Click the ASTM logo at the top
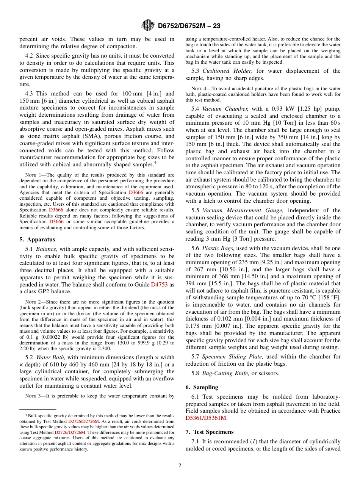(147, 25)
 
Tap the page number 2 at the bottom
(180, 466)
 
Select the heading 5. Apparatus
(37, 239)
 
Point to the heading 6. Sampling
(202, 387)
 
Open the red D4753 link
(159, 285)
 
